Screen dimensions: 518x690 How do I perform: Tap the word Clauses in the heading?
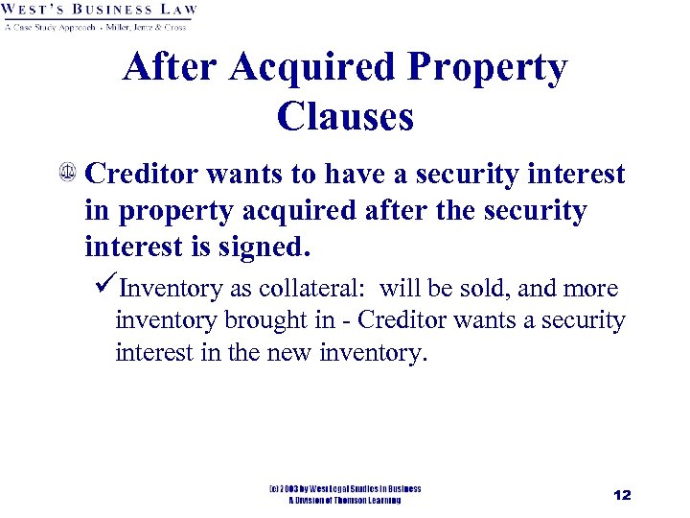point(345,117)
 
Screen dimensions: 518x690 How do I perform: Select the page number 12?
point(622,495)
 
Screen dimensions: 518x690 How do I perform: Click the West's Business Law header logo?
point(101,11)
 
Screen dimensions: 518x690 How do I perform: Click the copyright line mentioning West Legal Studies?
point(345,488)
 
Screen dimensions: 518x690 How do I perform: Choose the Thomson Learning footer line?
point(345,500)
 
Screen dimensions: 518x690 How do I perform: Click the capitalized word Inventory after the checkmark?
point(168,289)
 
